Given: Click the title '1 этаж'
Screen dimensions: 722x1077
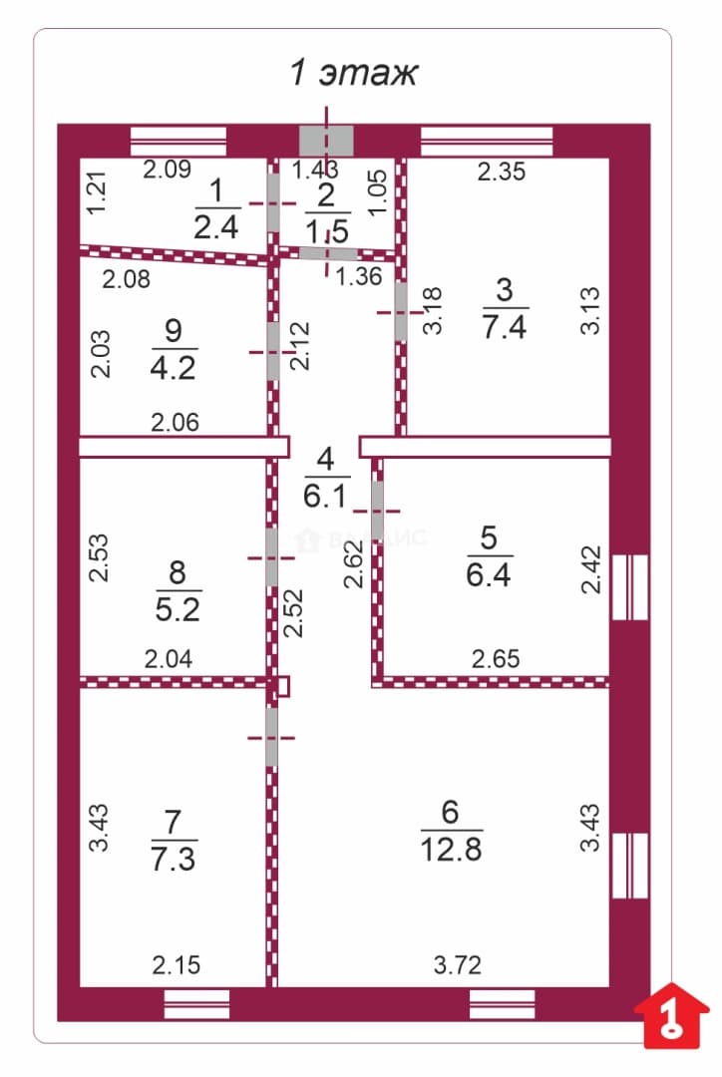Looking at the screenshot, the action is [353, 73].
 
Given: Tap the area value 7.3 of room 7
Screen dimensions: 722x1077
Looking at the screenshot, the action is [174, 860].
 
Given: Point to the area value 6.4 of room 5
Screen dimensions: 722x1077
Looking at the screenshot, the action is [489, 574].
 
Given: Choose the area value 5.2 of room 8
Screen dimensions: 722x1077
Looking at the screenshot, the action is [178, 609].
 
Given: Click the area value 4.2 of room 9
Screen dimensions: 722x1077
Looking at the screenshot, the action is [174, 367].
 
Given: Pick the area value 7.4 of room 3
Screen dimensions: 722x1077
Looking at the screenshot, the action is [505, 326].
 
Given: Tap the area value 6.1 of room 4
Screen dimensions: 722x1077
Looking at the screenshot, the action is [325, 495].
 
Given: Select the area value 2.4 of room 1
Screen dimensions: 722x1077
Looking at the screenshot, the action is [216, 226].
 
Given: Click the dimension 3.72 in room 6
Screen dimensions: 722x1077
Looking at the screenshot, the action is [458, 965].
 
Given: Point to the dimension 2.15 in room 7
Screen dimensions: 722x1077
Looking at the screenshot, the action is [176, 965].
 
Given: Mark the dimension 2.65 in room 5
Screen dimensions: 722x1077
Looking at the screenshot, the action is [496, 659].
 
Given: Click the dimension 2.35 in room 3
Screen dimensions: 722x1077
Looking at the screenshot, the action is [502, 172].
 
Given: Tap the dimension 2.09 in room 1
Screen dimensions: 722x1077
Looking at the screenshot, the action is [167, 169].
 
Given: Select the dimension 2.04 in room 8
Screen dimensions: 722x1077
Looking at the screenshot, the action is [169, 659].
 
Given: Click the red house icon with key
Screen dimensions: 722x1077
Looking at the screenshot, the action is [670, 1015].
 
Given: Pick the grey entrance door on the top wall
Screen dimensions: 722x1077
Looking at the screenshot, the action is [326, 141].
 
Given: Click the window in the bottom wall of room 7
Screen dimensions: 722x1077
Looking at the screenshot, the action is [196, 1004].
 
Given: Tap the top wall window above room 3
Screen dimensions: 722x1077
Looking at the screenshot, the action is [487, 141].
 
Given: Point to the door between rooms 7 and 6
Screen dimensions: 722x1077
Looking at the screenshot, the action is [272, 737].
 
